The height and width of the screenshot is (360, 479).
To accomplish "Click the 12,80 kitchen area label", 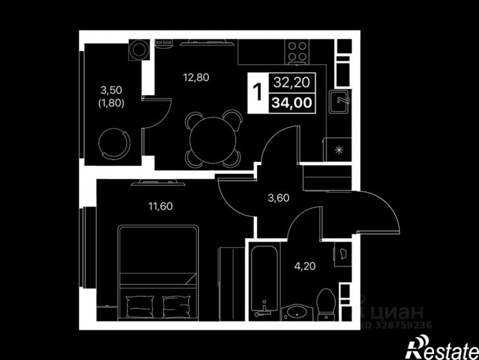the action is pos(196,77).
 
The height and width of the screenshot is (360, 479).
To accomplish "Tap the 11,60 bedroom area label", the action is pos(161,206).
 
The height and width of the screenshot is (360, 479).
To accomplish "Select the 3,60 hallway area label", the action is pos(278,198).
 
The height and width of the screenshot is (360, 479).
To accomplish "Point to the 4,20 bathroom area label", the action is pos(305,266).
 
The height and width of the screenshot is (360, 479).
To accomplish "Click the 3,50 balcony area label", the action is pos(111,90).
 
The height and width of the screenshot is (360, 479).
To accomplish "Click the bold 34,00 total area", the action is pos(292,102).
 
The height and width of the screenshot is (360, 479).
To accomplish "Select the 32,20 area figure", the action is pos(292,82).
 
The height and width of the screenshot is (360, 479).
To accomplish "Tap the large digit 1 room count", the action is pos(258,92).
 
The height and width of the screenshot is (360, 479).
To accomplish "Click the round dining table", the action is pos(213,139).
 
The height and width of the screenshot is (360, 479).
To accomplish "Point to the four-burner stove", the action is pos(297,52).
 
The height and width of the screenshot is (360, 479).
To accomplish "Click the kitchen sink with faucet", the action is pos(339,101).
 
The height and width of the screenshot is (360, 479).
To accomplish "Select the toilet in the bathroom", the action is pos(326,305).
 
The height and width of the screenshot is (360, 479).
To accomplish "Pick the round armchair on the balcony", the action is pos(114,143).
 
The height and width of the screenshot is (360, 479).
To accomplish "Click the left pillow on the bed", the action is pos(140,306).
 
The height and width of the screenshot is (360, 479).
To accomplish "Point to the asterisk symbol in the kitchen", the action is pos(339,150).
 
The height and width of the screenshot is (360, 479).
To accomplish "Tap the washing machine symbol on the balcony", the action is pos(139,50).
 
